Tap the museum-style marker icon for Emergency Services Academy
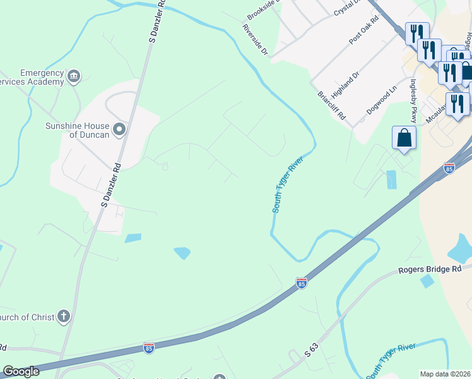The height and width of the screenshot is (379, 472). point(74,77)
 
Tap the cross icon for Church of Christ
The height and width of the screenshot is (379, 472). point(63,316)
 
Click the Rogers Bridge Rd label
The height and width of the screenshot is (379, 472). point(430,270)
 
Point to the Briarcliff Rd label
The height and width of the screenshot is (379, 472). point(332,104)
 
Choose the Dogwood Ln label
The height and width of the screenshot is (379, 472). point(382,100)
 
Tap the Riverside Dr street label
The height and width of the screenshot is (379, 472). point(255,40)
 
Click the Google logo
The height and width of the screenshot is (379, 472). point(21,371)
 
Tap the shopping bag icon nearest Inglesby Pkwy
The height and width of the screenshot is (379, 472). point(403,138)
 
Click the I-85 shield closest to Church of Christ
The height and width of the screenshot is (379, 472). point(148,348)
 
